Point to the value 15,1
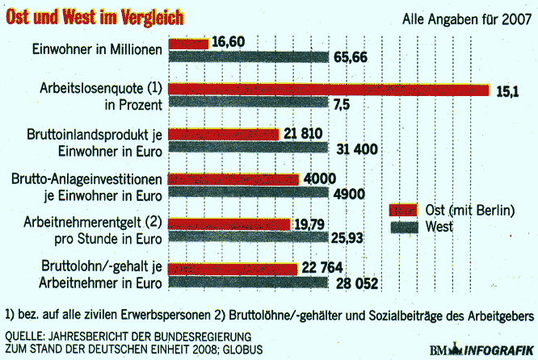tap(506, 91)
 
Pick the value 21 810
tap(305, 133)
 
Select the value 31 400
tap(359, 149)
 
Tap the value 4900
tap(348, 194)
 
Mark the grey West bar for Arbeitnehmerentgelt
tap(247, 238)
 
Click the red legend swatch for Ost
tap(405, 211)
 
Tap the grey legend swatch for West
tap(405, 227)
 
